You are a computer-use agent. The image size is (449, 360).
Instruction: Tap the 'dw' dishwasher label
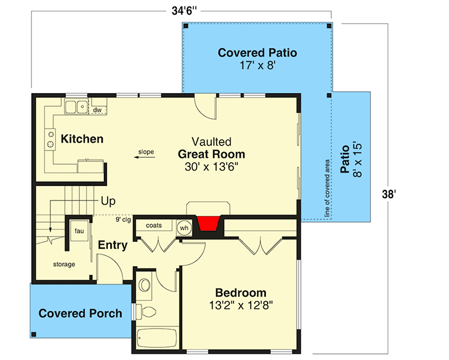coord(97,110)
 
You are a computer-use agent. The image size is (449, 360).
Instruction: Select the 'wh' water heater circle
coord(184,228)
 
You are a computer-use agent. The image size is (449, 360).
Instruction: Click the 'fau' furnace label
coord(79,230)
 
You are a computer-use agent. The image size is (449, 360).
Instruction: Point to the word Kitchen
coord(82,139)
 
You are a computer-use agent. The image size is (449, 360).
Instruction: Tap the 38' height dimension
coord(390,195)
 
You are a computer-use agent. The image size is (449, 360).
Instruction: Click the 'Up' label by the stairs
coord(108,200)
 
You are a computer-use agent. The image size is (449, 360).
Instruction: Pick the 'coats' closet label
coord(154,225)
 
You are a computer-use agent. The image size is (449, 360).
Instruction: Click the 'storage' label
coord(64,264)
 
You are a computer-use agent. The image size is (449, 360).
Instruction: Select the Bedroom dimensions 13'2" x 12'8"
coord(240,307)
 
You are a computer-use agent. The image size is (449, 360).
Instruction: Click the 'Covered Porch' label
coord(80,313)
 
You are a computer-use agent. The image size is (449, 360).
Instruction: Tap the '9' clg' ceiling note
coord(123,220)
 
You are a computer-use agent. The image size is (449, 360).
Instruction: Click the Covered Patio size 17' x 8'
coord(257,65)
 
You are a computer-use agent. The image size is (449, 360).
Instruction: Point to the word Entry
coord(113,245)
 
